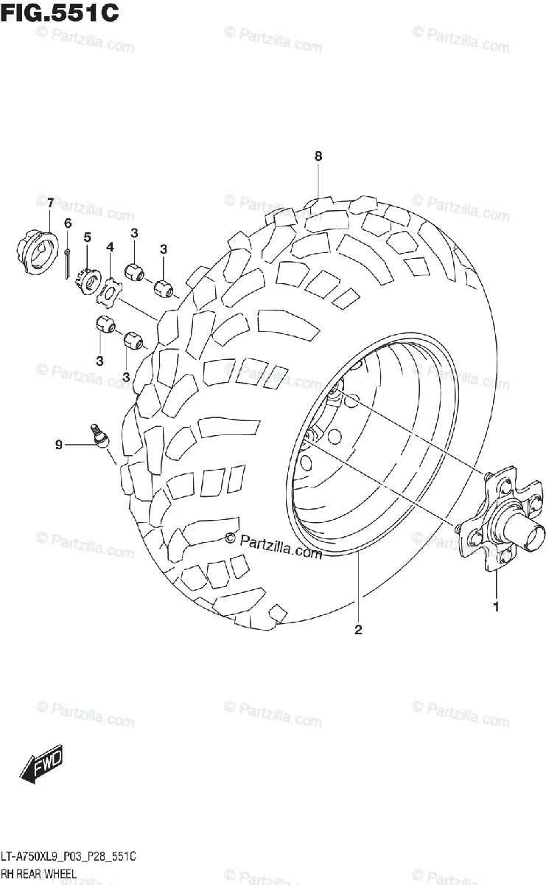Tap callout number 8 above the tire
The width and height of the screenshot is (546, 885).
pos(318,156)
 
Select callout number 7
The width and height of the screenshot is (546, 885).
pos(50,203)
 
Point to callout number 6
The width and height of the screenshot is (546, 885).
pos(67,223)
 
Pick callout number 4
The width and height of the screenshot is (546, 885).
pos(110,246)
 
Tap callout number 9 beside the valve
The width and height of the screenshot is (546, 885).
pos(59,445)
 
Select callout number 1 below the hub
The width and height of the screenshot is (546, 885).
pos(496,607)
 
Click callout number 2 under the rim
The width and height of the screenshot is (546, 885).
pos(358,629)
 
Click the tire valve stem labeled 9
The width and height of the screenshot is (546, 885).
pos(98,434)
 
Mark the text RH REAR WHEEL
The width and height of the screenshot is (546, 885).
pos(38,872)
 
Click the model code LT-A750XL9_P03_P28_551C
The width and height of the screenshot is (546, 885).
pos(69,856)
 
